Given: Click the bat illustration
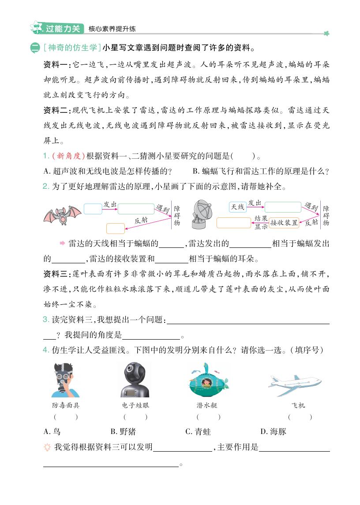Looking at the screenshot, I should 62,215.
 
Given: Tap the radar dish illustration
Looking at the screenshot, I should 202,214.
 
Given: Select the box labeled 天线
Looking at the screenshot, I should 237,207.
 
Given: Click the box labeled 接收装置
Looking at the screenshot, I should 284,222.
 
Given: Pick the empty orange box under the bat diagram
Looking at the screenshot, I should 116,228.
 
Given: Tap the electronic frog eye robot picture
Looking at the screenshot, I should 135,379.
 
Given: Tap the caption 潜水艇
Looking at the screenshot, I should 207,405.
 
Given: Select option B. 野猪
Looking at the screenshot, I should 123,431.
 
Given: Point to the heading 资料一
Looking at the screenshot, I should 56,65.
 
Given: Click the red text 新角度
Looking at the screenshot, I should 68,156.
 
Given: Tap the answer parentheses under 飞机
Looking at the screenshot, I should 300,417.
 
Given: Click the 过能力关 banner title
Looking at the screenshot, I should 63,29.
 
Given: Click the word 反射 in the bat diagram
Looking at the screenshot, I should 141,220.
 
